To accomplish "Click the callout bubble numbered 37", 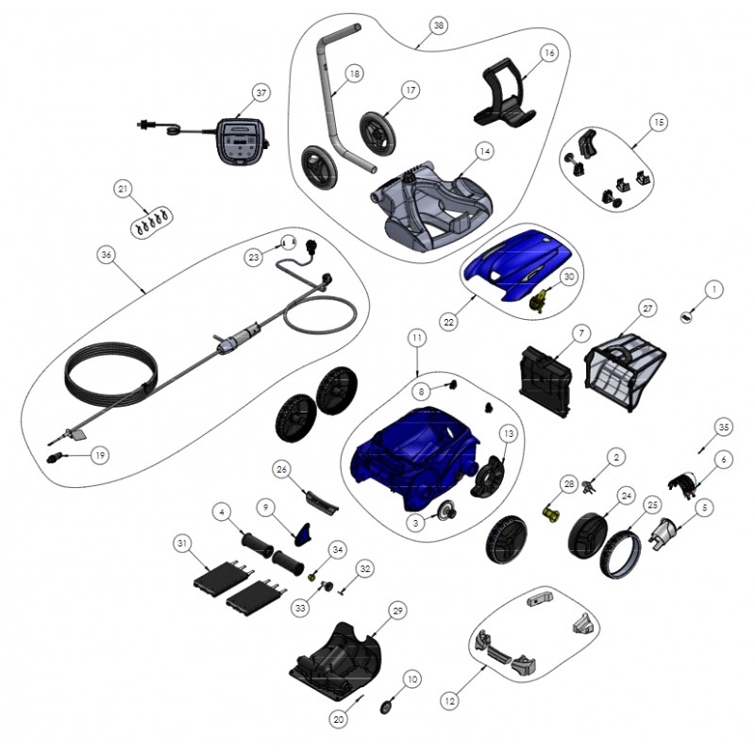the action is pos(260,92).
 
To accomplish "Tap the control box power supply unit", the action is pos(241,141).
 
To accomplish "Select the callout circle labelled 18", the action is pos(355,74).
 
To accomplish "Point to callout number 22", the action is pos(448,322).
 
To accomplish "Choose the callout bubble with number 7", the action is pos(581,333).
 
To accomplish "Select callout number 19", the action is pos(100,455).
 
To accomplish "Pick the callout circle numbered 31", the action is pos(181,544).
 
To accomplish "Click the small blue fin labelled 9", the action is pos(302,534).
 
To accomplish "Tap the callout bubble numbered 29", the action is pos(397,611).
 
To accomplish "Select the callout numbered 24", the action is pos(626,495).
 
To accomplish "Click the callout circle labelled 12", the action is pos(449,701).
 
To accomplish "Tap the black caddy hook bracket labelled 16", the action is pos(504,92).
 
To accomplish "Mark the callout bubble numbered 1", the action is pos(713,289).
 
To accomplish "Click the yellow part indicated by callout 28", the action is pos(552,513).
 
